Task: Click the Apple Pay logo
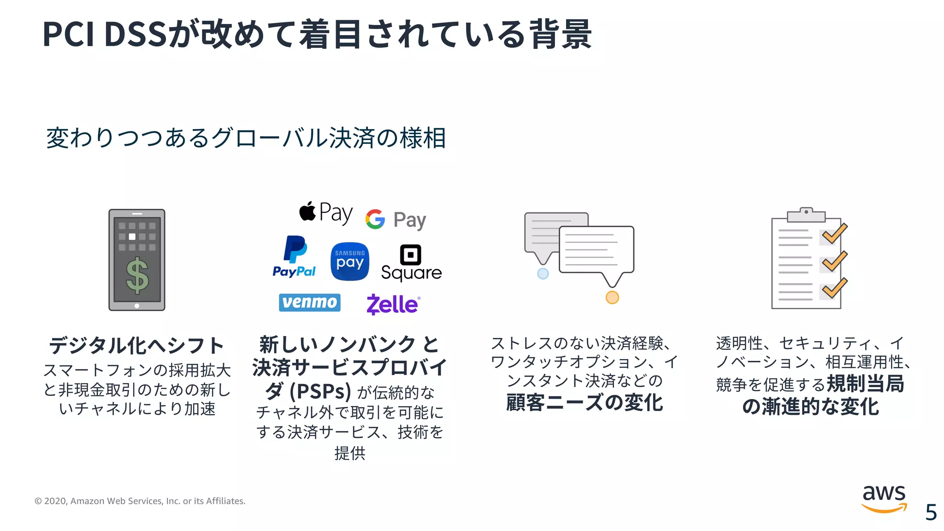tap(325, 213)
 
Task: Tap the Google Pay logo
tap(395, 219)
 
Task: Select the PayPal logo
tap(294, 257)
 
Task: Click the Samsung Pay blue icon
tap(350, 261)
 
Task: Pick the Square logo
tap(411, 263)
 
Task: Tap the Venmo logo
tap(310, 302)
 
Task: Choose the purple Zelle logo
tap(393, 304)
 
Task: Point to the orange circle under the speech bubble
tap(612, 297)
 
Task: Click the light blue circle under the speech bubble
tap(543, 273)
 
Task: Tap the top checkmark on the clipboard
tap(834, 234)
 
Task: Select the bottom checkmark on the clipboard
tap(834, 289)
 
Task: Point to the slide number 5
tap(931, 512)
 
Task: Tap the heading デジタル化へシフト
tap(136, 346)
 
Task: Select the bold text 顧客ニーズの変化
tap(584, 402)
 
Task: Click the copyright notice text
tap(140, 501)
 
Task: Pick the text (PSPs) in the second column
tap(320, 392)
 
